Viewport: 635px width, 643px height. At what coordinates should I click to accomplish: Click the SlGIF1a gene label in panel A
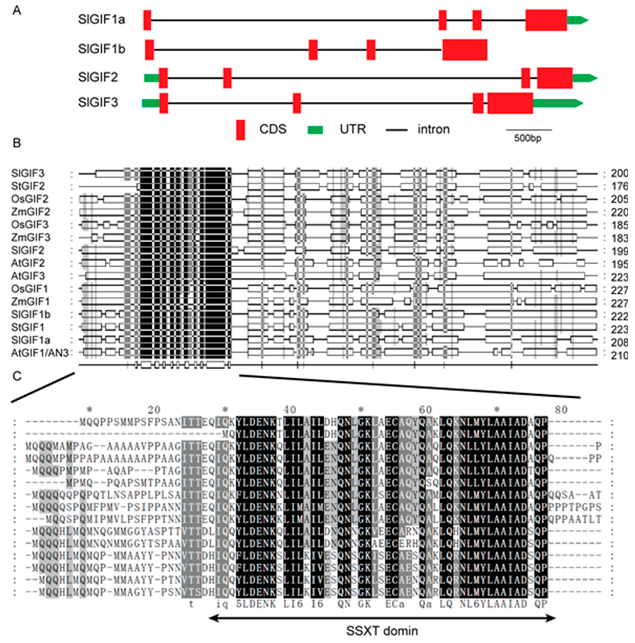101,20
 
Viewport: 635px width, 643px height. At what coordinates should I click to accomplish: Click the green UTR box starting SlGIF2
151,78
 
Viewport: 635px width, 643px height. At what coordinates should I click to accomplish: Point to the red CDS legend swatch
241,130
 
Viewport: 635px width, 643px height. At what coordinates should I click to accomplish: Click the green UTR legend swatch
315,130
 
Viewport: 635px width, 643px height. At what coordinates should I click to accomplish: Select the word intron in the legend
433,129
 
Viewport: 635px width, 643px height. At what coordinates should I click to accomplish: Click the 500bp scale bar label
528,138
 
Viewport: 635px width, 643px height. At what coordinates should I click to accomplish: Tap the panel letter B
17,143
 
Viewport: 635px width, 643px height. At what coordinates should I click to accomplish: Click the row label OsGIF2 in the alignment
30,199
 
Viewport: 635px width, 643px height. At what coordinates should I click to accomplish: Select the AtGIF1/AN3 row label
40,353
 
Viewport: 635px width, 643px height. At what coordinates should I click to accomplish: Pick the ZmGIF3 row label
31,238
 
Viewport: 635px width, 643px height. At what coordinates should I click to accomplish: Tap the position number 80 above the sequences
561,410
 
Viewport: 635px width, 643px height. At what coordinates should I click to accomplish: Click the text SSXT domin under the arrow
382,631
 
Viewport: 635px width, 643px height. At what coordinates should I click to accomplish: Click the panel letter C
17,376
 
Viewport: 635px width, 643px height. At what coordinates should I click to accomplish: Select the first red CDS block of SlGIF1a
147,20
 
